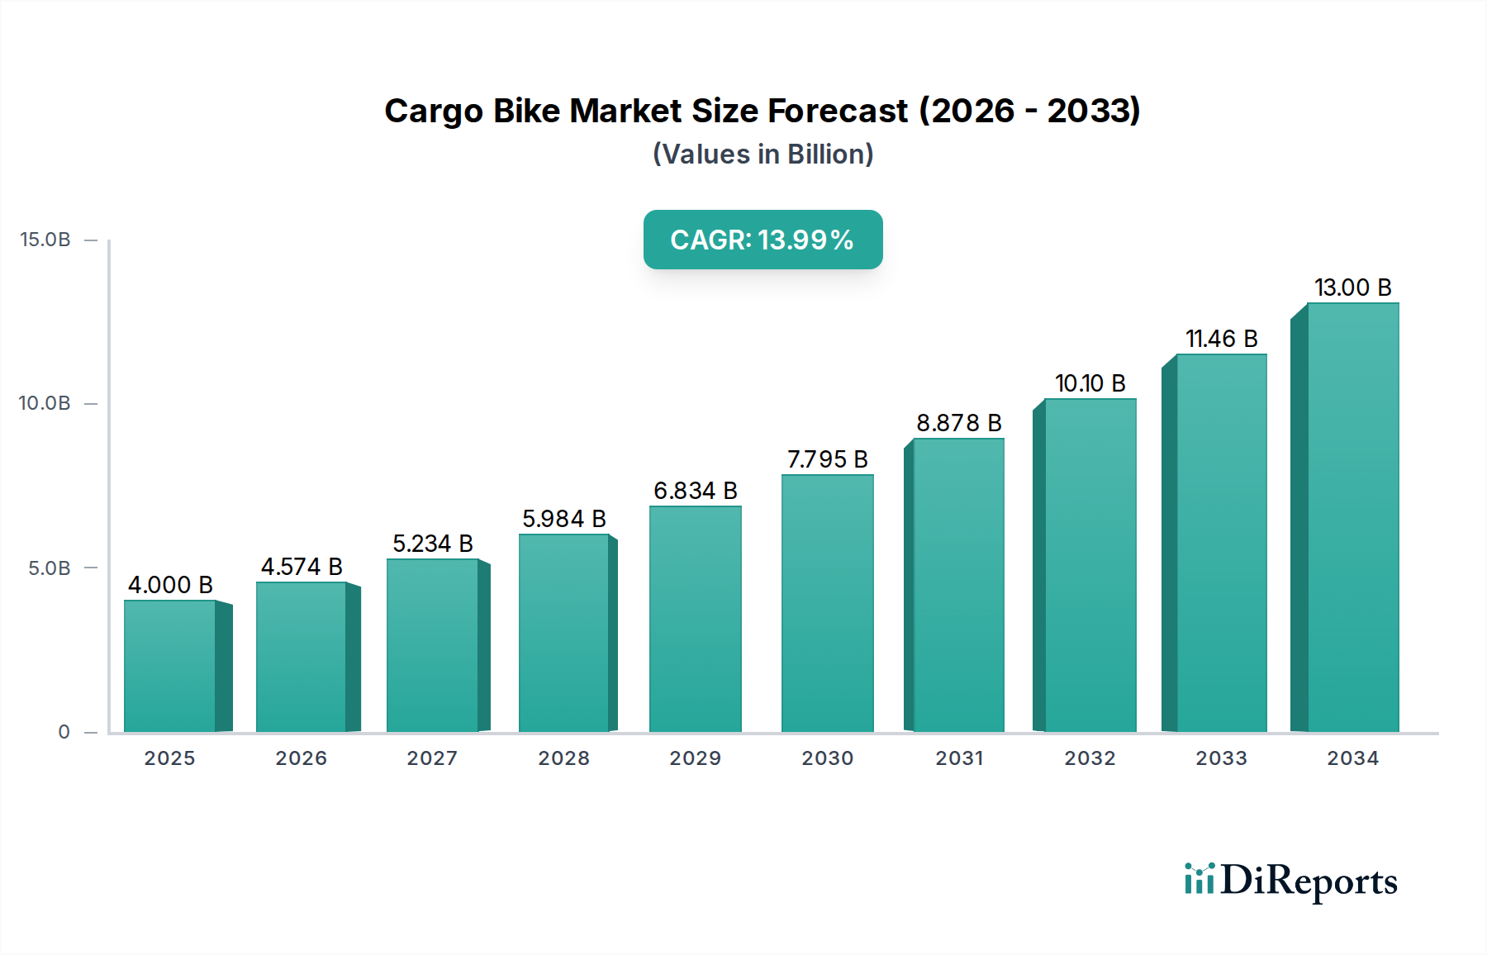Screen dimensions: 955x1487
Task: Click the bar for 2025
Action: click(170, 666)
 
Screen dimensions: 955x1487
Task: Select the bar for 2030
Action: click(827, 603)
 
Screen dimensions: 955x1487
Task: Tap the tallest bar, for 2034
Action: click(1352, 517)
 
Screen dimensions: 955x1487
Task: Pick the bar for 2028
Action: click(564, 633)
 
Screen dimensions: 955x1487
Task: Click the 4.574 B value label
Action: click(302, 567)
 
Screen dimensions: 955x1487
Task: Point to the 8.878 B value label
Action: click(958, 423)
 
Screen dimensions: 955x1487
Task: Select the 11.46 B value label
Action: click(1221, 339)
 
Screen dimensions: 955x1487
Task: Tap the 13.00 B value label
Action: click(1352, 287)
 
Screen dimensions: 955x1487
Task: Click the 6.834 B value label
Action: click(695, 491)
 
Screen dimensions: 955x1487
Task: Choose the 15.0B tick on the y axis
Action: click(45, 240)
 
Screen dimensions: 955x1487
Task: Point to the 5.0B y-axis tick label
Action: click(50, 568)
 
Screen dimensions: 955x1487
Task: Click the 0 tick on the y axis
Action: click(64, 732)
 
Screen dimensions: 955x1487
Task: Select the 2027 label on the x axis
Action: click(432, 758)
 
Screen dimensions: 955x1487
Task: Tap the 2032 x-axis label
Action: click(1090, 758)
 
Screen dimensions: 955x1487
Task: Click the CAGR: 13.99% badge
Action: click(763, 240)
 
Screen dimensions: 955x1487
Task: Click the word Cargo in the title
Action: click(433, 112)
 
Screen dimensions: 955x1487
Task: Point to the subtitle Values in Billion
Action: click(763, 154)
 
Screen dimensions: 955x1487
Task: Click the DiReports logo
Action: click(1290, 881)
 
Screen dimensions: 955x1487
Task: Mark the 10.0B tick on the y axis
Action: click(45, 403)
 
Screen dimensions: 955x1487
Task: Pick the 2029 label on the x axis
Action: click(695, 758)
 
